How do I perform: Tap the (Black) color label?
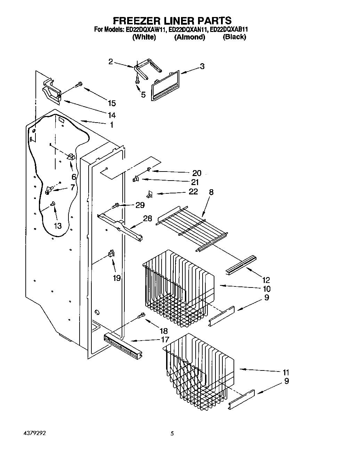pyautogui.click(x=234, y=37)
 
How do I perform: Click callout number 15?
pyautogui.click(x=112, y=103)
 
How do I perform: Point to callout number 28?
pyautogui.click(x=147, y=218)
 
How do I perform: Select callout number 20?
pyautogui.click(x=197, y=173)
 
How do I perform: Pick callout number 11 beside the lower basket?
pyautogui.click(x=286, y=372)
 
